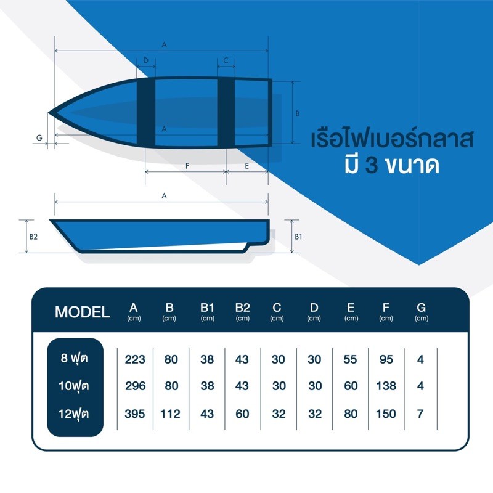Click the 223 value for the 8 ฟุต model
tap(135, 359)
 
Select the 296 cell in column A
tap(135, 386)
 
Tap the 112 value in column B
tap(170, 414)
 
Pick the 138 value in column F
tap(386, 386)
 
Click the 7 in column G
tap(420, 414)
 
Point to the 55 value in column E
tap(350, 359)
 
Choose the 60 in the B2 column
tap(242, 414)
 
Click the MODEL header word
tap(82, 312)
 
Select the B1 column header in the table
tap(207, 308)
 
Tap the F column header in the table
tap(386, 308)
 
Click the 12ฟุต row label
tap(73, 414)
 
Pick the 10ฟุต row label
tap(73, 386)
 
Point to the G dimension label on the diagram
tap(39, 137)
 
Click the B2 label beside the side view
tap(33, 237)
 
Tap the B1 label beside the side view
tap(298, 237)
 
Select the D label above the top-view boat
tap(145, 60)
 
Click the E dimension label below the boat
tap(247, 166)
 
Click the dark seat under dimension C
tap(226, 113)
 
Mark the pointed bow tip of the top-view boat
tap(49, 113)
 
